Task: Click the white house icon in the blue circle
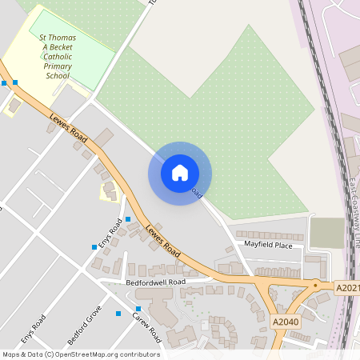tap(180, 173)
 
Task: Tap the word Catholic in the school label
tap(58, 57)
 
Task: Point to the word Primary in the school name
tap(58, 66)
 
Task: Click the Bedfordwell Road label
tap(155, 282)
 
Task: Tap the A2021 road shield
tap(347, 287)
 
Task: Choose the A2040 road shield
tap(285, 322)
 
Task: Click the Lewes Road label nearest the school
tap(68, 125)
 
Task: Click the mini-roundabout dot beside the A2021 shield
tap(316, 285)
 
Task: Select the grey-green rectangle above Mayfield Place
tap(326, 233)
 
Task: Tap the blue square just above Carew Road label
tap(138, 309)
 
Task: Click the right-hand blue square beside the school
tap(15, 82)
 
